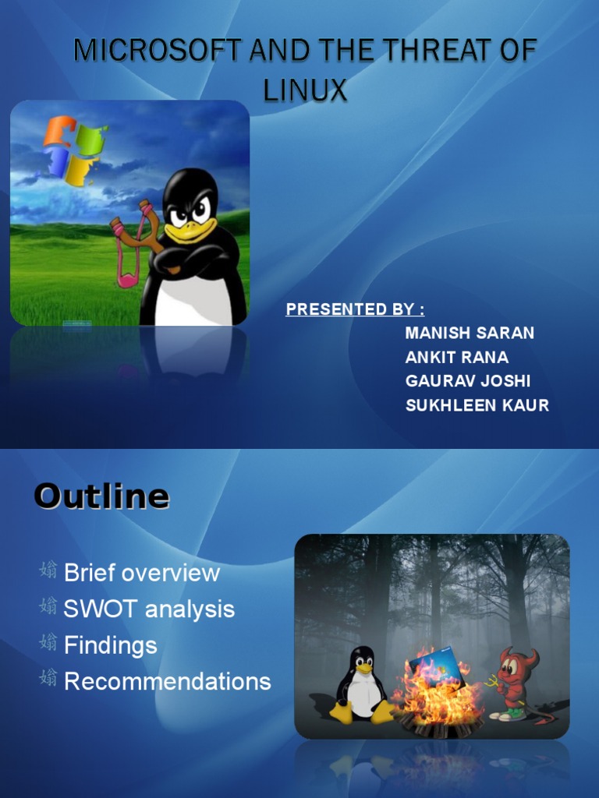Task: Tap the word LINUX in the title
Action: [305, 90]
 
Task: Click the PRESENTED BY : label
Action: [355, 309]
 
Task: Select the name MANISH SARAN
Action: [470, 333]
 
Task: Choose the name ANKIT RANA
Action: [457, 358]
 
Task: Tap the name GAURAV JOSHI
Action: [468, 382]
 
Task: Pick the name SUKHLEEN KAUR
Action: [477, 406]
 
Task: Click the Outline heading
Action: [101, 496]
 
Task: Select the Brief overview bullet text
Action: [142, 573]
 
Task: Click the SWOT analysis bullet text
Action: [149, 609]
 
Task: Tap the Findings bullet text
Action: [111, 645]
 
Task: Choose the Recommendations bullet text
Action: [168, 681]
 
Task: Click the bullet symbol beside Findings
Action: [48, 644]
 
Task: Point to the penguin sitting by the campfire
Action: [361, 683]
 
